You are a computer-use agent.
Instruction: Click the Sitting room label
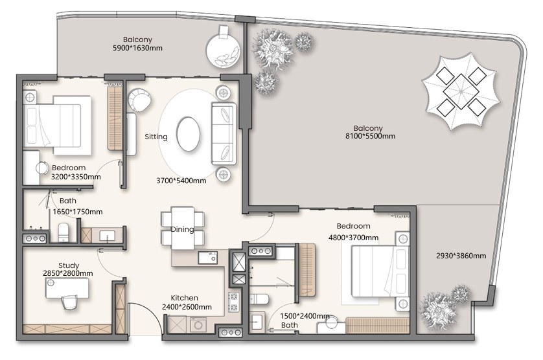tap(156, 137)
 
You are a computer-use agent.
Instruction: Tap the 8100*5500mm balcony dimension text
tap(370, 136)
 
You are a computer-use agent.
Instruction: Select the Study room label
tap(69, 265)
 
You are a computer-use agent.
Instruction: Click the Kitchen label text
tap(184, 298)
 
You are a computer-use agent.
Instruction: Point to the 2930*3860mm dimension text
tap(461, 256)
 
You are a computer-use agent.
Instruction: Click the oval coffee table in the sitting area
tap(188, 133)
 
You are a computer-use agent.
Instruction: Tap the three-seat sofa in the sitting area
tap(224, 133)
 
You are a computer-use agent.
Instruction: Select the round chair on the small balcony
tap(223, 51)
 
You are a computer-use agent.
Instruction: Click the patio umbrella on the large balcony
tap(461, 91)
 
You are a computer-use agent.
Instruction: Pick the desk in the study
tap(67, 287)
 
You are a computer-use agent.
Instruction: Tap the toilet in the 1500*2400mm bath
tap(259, 298)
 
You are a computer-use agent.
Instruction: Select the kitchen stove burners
tap(233, 302)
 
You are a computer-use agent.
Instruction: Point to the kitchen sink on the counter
tap(208, 258)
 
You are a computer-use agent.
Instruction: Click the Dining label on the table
tap(182, 229)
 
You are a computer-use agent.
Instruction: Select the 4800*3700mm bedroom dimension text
tap(353, 238)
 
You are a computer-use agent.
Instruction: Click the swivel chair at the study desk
tap(69, 303)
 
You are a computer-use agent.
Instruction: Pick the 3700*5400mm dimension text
tap(181, 181)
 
